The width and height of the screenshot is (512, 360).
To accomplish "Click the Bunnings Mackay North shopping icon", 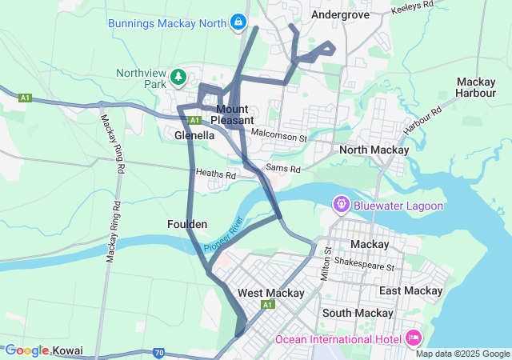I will [238, 22].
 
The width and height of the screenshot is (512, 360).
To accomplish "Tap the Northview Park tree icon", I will [178, 78].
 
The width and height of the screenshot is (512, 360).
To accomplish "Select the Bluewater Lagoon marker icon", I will [342, 206].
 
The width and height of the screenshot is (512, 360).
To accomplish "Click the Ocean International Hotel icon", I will [414, 338].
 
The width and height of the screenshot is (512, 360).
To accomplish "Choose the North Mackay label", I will [374, 150].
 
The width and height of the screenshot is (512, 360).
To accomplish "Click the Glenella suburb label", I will [194, 135].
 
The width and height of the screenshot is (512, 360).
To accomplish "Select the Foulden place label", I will [188, 224].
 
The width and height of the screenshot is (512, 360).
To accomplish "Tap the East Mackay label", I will [410, 290].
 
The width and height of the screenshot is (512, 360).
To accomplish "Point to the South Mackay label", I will [357, 313].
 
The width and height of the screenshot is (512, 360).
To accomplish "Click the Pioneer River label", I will [223, 236].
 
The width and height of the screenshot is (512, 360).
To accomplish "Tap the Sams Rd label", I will [282, 169].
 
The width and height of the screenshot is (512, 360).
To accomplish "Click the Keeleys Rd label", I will [412, 6].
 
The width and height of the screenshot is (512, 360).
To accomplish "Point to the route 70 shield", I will [159, 352].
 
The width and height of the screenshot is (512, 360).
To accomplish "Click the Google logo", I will [26, 350].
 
